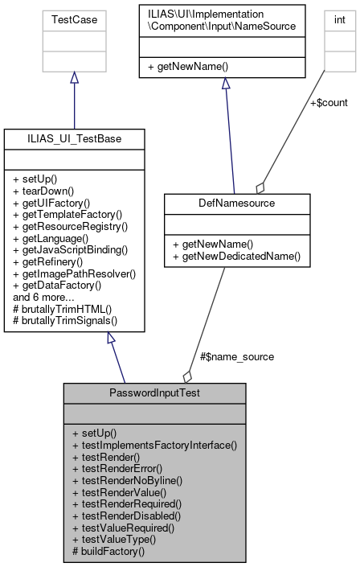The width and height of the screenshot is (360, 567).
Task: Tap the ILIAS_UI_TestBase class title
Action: click(74, 139)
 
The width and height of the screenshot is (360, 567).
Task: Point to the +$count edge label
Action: click(328, 102)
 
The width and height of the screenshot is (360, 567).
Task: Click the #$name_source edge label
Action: click(236, 356)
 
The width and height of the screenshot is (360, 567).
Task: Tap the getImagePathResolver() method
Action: click(75, 273)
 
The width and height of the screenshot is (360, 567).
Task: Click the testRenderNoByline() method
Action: click(128, 480)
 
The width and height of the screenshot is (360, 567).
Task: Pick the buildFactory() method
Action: click(108, 551)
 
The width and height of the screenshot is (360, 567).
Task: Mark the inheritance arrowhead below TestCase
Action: click(74, 77)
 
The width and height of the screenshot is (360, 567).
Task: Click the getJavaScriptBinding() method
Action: click(74, 250)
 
